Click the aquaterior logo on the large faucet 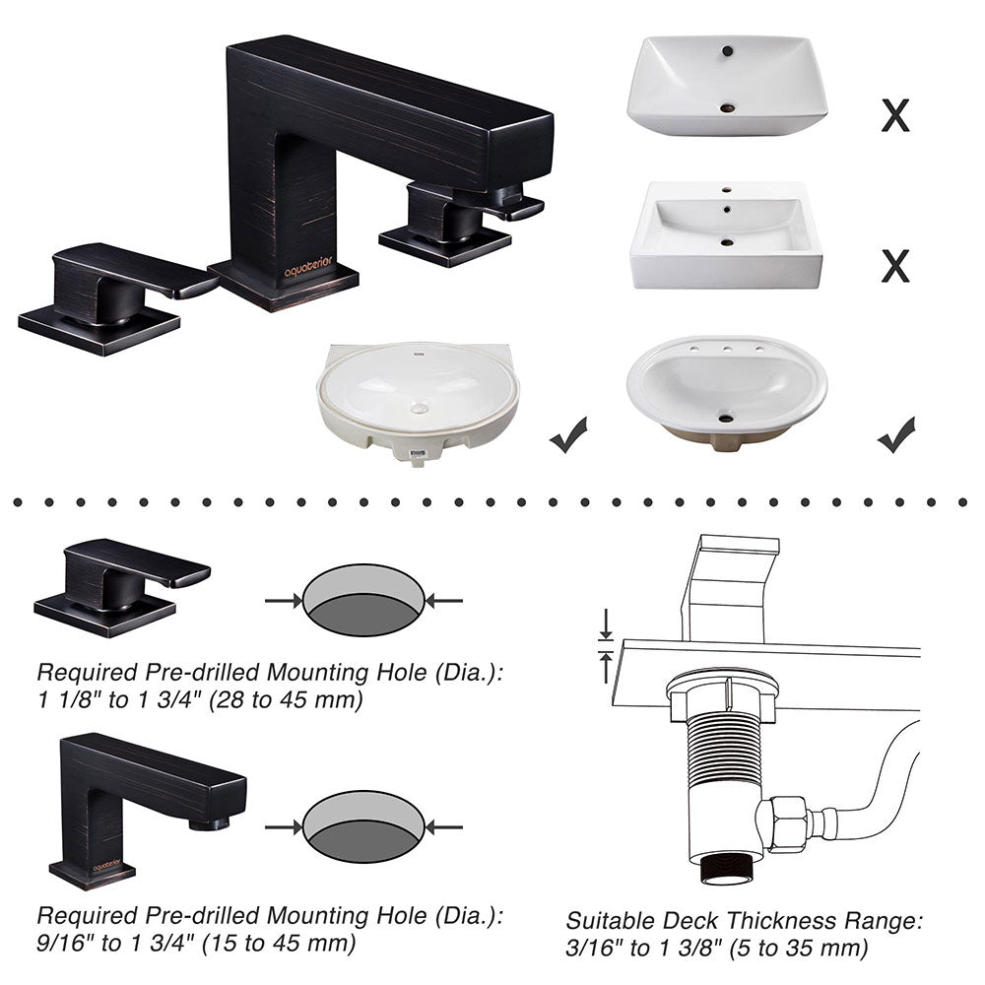[x=307, y=267]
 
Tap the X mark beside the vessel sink [x=895, y=115]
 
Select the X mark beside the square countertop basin [x=895, y=266]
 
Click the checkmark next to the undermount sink [x=568, y=434]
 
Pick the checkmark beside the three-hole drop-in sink [x=896, y=434]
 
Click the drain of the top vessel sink [x=727, y=108]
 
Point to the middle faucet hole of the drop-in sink [x=727, y=349]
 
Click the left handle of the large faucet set [x=117, y=297]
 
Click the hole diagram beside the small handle [x=363, y=600]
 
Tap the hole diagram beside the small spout [x=363, y=826]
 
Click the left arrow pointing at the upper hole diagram [x=284, y=601]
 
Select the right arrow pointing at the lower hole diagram [x=444, y=828]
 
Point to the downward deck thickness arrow [x=606, y=624]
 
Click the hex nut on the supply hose [x=782, y=821]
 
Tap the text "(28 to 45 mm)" [x=286, y=699]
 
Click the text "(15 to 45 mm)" [x=279, y=943]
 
